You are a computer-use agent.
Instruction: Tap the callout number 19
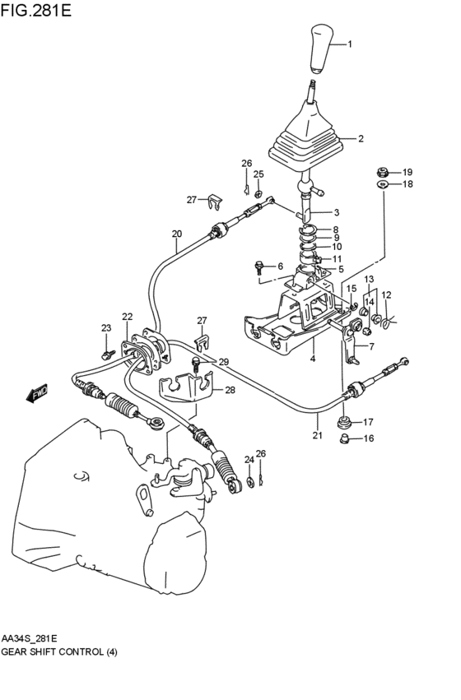click(x=407, y=172)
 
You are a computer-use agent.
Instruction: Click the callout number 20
click(x=177, y=234)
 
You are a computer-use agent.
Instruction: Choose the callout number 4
click(x=312, y=359)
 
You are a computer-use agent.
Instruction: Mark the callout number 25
click(x=258, y=174)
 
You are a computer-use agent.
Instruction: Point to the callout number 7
click(x=370, y=346)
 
